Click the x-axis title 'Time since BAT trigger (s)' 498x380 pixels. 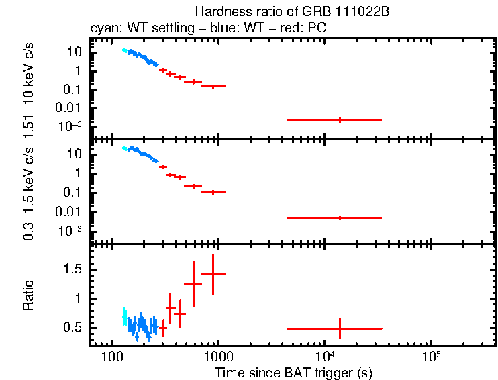[293, 372]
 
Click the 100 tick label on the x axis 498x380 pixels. [111, 355]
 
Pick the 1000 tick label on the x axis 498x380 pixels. [217, 355]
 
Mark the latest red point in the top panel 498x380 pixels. [340, 120]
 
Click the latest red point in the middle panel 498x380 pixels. [340, 218]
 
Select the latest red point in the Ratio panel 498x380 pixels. [340, 328]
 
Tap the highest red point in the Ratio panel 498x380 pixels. [213, 274]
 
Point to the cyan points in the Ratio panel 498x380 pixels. [124, 317]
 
